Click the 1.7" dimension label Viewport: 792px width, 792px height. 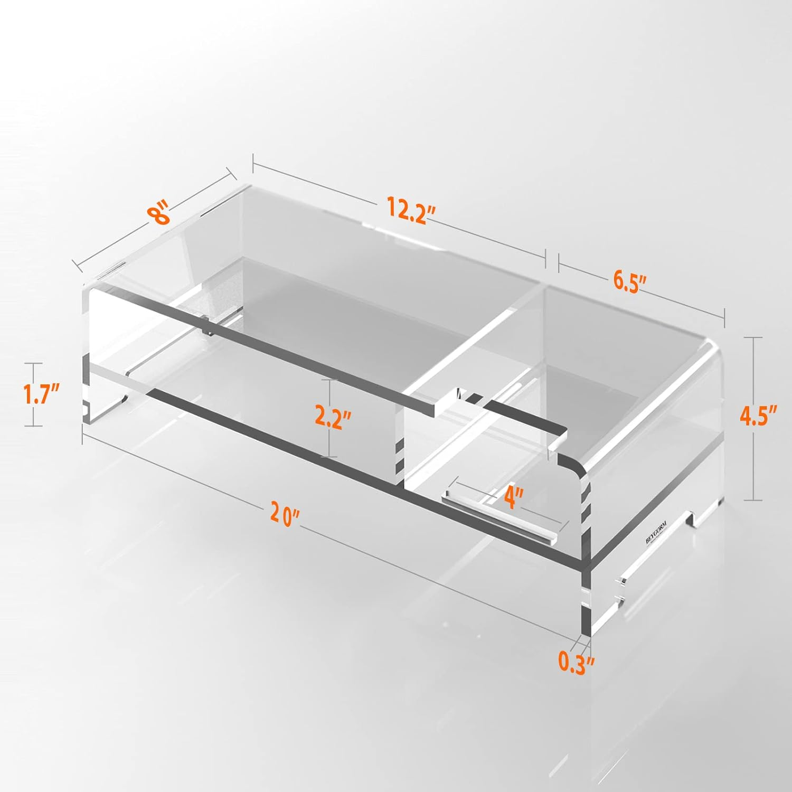pos(41,394)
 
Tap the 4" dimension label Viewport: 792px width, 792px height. pos(513,498)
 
